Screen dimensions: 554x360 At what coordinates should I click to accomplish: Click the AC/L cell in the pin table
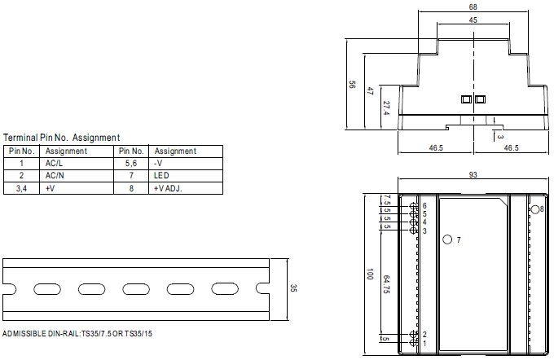54,164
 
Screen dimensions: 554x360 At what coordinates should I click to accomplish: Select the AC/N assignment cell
55,176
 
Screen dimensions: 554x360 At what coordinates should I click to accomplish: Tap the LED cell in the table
161,176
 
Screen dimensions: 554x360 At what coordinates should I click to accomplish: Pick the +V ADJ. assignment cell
168,188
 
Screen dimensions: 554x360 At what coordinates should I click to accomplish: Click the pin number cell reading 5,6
131,164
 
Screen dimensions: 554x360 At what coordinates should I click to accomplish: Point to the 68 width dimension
473,7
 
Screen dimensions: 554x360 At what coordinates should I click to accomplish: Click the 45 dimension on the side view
473,20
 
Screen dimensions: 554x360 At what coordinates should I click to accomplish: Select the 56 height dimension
352,85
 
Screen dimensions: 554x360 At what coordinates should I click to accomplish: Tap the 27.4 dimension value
386,108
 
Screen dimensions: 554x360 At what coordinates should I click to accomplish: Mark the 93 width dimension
473,175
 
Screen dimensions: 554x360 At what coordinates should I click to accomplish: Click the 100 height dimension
370,274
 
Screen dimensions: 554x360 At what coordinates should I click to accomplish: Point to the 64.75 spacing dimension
386,284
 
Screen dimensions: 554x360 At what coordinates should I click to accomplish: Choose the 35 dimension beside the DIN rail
293,288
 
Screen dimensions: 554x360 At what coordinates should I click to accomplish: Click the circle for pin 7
447,239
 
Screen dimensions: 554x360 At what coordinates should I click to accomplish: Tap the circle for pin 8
535,209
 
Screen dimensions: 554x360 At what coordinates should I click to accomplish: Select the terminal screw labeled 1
413,343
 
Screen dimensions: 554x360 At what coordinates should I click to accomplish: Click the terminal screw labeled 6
413,206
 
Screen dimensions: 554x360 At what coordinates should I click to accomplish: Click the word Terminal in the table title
20,138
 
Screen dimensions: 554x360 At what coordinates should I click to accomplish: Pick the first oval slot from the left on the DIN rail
47,289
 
